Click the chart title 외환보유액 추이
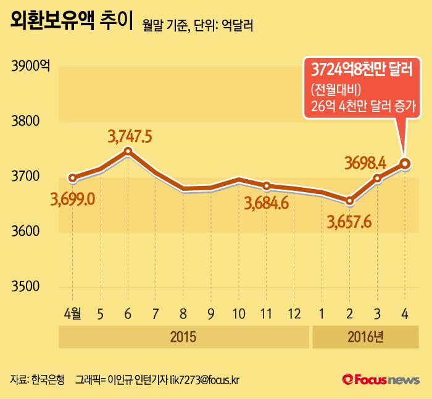71,23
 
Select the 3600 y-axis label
25,232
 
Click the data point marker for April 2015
73,179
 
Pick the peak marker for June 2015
128,151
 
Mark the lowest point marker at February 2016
349,201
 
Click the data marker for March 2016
377,179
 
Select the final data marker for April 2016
405,163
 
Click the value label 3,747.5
130,135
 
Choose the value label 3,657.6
349,220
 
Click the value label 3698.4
365,163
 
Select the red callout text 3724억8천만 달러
361,68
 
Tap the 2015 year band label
183,337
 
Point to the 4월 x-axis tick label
72,314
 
